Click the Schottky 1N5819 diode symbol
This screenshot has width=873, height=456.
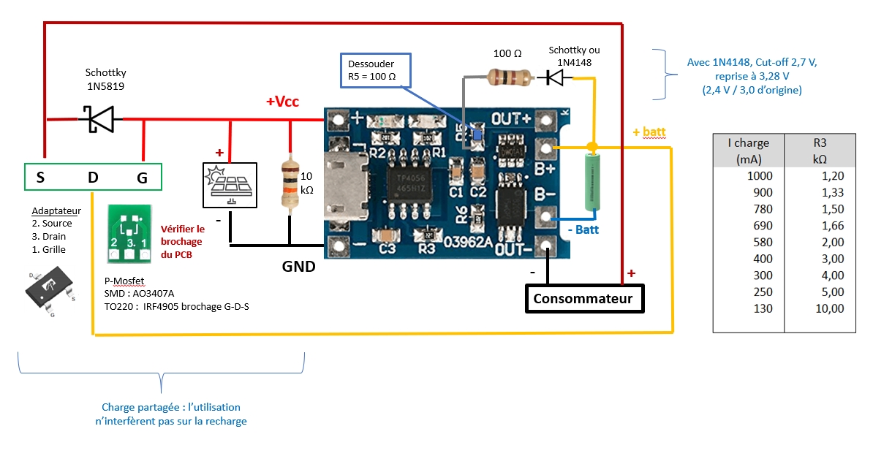100,119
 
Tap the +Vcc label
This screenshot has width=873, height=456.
282,102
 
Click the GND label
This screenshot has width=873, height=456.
298,267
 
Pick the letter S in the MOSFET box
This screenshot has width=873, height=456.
40,178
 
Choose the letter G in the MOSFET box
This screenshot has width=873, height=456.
142,178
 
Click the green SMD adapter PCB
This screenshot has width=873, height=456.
129,233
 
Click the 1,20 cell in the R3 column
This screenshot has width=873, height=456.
832,176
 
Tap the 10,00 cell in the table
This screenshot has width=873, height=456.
829,309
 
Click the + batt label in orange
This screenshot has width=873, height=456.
649,132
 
